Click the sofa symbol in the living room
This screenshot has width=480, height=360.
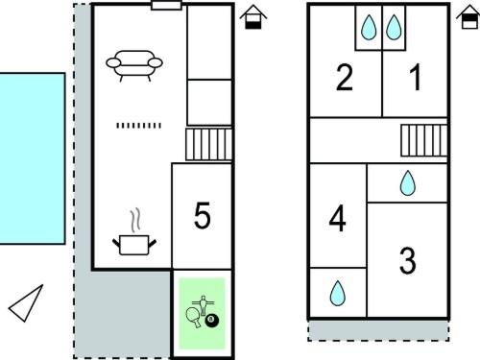click(134, 65)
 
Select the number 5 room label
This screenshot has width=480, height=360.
click(203, 215)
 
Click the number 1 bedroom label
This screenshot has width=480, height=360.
click(416, 77)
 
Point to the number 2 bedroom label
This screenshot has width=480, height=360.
click(345, 77)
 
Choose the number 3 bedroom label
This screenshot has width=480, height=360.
click(408, 260)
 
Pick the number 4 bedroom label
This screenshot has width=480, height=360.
click(338, 218)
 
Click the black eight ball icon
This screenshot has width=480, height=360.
click(211, 321)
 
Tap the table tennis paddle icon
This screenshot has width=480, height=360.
click(194, 317)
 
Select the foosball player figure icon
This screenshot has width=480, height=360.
click(203, 305)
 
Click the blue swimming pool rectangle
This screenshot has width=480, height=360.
click(33, 158)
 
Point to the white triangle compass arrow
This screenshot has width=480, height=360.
click(26, 302)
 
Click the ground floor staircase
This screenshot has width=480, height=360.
click(208, 144)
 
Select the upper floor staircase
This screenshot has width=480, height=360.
click(423, 140)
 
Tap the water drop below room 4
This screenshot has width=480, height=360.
click(338, 293)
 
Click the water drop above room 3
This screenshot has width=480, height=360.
click(408, 183)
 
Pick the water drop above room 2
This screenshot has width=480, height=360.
click(369, 27)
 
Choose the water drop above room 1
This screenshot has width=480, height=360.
click(394, 27)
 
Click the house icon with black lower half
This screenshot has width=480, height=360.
click(253, 17)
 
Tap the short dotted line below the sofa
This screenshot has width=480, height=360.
click(138, 126)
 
